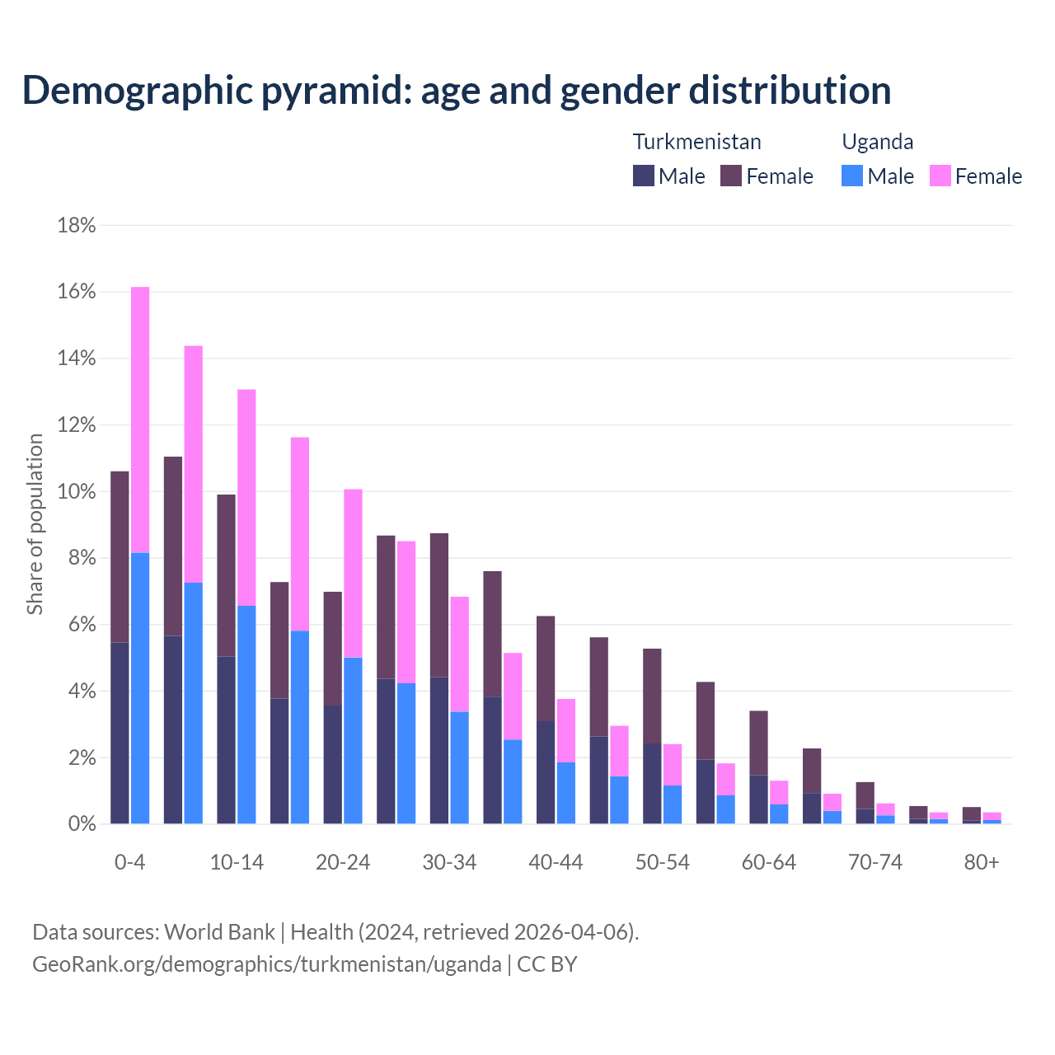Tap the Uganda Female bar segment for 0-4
(x=140, y=420)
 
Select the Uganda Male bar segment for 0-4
(x=140, y=688)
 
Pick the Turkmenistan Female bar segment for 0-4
(x=120, y=556)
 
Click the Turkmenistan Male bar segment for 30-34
(x=439, y=750)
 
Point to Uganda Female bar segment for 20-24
(x=353, y=573)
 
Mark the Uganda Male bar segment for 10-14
(x=246, y=715)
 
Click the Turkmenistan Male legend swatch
(x=644, y=176)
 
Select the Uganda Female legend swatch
(x=940, y=176)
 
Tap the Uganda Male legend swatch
(x=852, y=176)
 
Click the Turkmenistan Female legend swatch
(x=731, y=176)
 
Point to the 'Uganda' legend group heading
(x=877, y=142)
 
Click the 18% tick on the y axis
(x=77, y=225)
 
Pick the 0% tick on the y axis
(x=81, y=824)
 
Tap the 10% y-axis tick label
(x=77, y=491)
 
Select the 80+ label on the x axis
(x=982, y=862)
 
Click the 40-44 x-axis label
(x=556, y=862)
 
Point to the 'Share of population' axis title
(x=35, y=524)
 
